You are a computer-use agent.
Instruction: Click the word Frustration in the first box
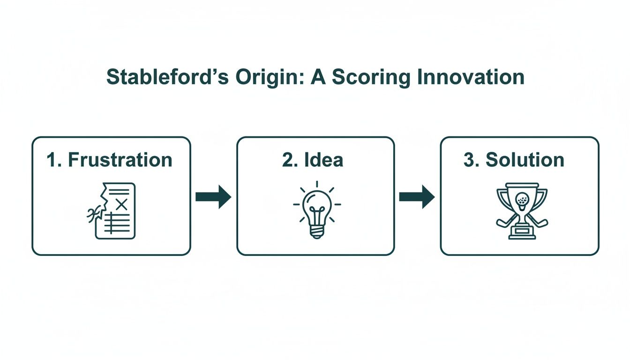120,160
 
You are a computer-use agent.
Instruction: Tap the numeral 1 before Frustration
52,160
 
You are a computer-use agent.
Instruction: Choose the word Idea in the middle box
324,160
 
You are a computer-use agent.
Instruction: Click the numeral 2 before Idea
287,160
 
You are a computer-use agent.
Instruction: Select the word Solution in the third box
525,160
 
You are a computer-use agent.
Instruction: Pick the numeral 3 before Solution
469,160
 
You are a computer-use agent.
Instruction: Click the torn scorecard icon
112,211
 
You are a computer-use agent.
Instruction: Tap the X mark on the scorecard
121,204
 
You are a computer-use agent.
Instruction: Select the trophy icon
522,211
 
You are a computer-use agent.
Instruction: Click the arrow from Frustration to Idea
213,197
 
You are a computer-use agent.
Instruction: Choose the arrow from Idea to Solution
417,197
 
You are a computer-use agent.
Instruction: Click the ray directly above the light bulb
317,184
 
